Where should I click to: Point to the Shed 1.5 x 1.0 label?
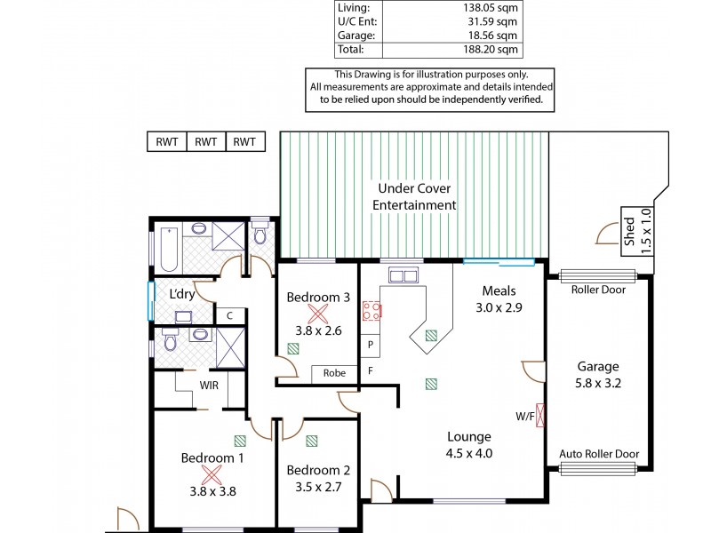click(x=628, y=230)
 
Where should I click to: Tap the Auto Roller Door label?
click(x=598, y=453)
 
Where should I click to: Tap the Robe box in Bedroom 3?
click(x=334, y=374)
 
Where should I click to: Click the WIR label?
click(x=211, y=386)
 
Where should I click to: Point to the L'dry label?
click(x=181, y=294)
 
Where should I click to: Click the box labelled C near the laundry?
click(x=228, y=314)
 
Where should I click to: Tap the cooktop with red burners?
click(x=371, y=311)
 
